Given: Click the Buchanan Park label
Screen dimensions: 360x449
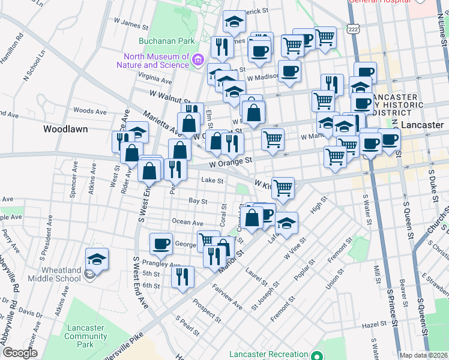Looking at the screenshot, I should tap(159, 41).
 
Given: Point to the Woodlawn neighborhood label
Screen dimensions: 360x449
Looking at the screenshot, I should tap(65, 129).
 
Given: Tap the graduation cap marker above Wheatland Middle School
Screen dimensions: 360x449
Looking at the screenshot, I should tap(97, 259).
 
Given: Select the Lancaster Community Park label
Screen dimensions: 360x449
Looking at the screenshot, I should tap(87, 336).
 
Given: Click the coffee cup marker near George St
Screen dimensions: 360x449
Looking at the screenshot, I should tap(161, 244).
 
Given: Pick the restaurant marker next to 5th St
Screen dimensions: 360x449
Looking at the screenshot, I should tap(182, 277).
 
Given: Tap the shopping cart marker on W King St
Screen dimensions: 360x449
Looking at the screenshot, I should tap(283, 187).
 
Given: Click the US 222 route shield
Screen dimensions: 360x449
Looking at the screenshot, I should tap(352, 28).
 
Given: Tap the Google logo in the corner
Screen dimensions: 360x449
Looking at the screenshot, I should tap(19, 353).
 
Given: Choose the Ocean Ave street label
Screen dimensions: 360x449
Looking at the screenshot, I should tap(187, 222).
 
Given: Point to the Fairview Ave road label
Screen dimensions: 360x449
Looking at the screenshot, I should tap(228, 296).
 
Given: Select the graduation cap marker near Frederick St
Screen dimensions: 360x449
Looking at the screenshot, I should tap(234, 22).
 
